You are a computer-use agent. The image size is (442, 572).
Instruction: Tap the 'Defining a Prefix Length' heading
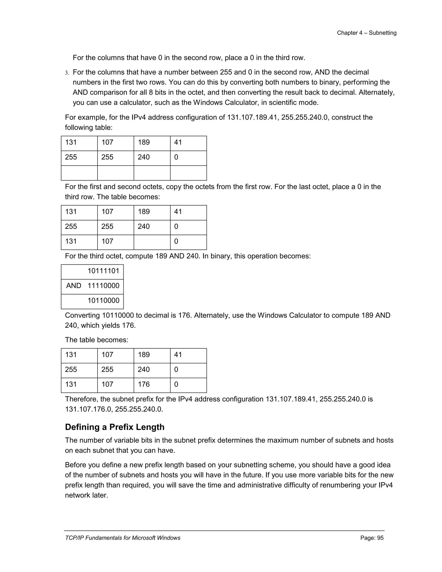(114, 427)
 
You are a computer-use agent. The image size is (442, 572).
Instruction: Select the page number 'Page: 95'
(372, 538)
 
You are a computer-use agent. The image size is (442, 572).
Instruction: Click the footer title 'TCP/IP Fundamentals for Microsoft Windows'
(123, 538)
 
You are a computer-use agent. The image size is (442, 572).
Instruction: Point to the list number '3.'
(67, 73)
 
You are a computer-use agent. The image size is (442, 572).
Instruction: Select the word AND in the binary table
(74, 286)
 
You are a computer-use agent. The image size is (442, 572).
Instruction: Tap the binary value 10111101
(103, 271)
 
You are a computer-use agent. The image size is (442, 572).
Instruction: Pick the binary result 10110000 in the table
(103, 300)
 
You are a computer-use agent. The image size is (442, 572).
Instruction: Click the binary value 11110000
(103, 286)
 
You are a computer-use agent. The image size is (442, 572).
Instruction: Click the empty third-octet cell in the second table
(152, 242)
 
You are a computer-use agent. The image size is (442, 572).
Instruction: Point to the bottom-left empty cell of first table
(79, 173)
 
